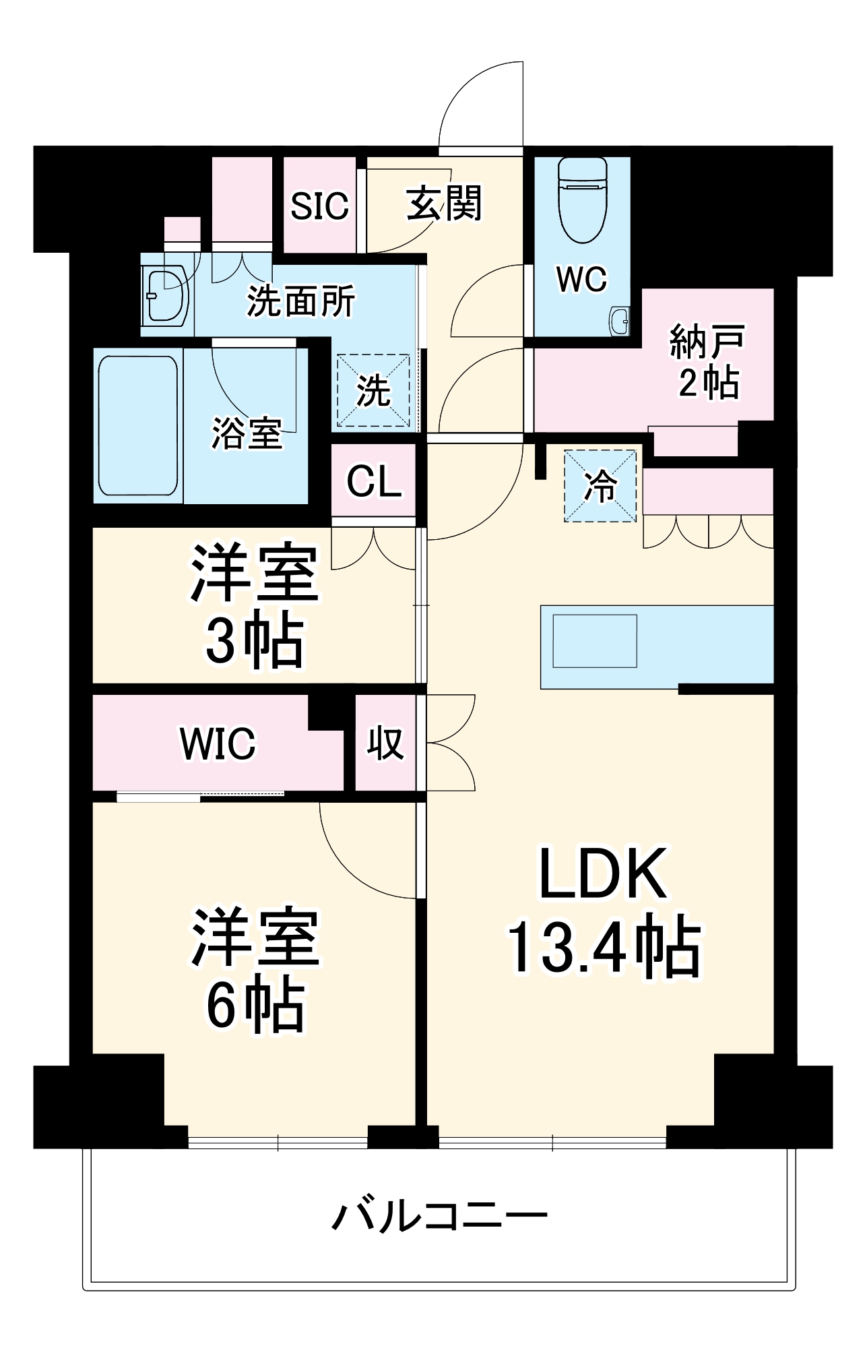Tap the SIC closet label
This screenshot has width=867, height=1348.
pos(319,206)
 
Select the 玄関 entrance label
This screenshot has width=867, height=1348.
pos(444,203)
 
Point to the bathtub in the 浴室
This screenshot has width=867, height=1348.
pos(138,426)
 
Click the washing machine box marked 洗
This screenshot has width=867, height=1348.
pos(373,390)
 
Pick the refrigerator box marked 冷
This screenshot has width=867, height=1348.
pos(600,485)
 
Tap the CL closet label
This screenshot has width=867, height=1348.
pos(373,481)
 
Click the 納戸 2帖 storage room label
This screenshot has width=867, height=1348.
pos(707,362)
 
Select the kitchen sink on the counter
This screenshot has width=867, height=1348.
pos(595,641)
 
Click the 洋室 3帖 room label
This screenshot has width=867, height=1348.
pos(255,606)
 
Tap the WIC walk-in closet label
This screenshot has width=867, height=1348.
pos(218,743)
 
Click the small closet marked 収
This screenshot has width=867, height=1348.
pos(385,743)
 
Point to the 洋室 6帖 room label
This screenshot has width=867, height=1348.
pos(255,971)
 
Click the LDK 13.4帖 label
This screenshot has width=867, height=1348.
pos(604,911)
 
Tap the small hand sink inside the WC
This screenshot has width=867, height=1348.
pos(619,321)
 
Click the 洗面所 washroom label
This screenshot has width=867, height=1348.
pos(300,301)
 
